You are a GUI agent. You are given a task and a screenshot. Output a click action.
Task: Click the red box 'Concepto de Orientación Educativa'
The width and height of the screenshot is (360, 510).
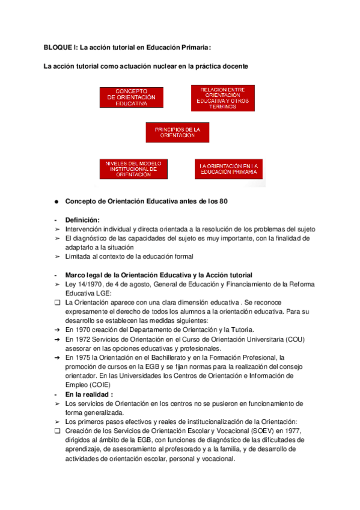130,97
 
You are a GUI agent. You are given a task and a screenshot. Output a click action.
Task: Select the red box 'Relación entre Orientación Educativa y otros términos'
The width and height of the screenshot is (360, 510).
222,98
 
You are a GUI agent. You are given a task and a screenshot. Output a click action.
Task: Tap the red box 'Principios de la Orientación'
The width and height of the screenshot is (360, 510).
177,132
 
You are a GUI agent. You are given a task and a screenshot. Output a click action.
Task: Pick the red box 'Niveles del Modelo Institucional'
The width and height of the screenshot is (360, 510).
133,169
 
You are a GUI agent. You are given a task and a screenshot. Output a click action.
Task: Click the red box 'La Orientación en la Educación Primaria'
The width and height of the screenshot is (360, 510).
229,169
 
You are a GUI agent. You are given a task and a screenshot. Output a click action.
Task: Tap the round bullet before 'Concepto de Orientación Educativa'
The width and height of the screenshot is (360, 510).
55,201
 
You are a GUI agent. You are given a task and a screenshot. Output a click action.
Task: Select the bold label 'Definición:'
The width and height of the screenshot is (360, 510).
82,220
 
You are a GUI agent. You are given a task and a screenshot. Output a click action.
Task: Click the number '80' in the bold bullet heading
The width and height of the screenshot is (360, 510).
222,201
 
